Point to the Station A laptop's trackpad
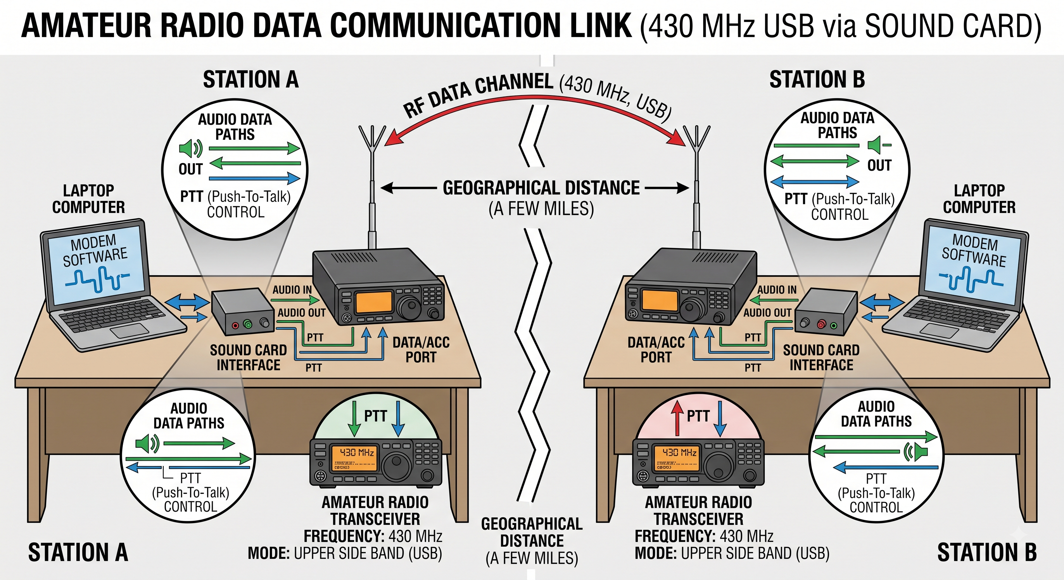coord(129,330)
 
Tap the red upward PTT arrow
coord(677,419)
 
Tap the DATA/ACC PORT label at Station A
coord(421,350)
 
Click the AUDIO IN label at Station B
coord(777,290)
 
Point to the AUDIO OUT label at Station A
coord(302,313)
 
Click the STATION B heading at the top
coord(817,79)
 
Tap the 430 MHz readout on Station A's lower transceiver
coord(357,452)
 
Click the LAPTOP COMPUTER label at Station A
coord(88,199)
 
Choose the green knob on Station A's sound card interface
coord(247,324)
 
